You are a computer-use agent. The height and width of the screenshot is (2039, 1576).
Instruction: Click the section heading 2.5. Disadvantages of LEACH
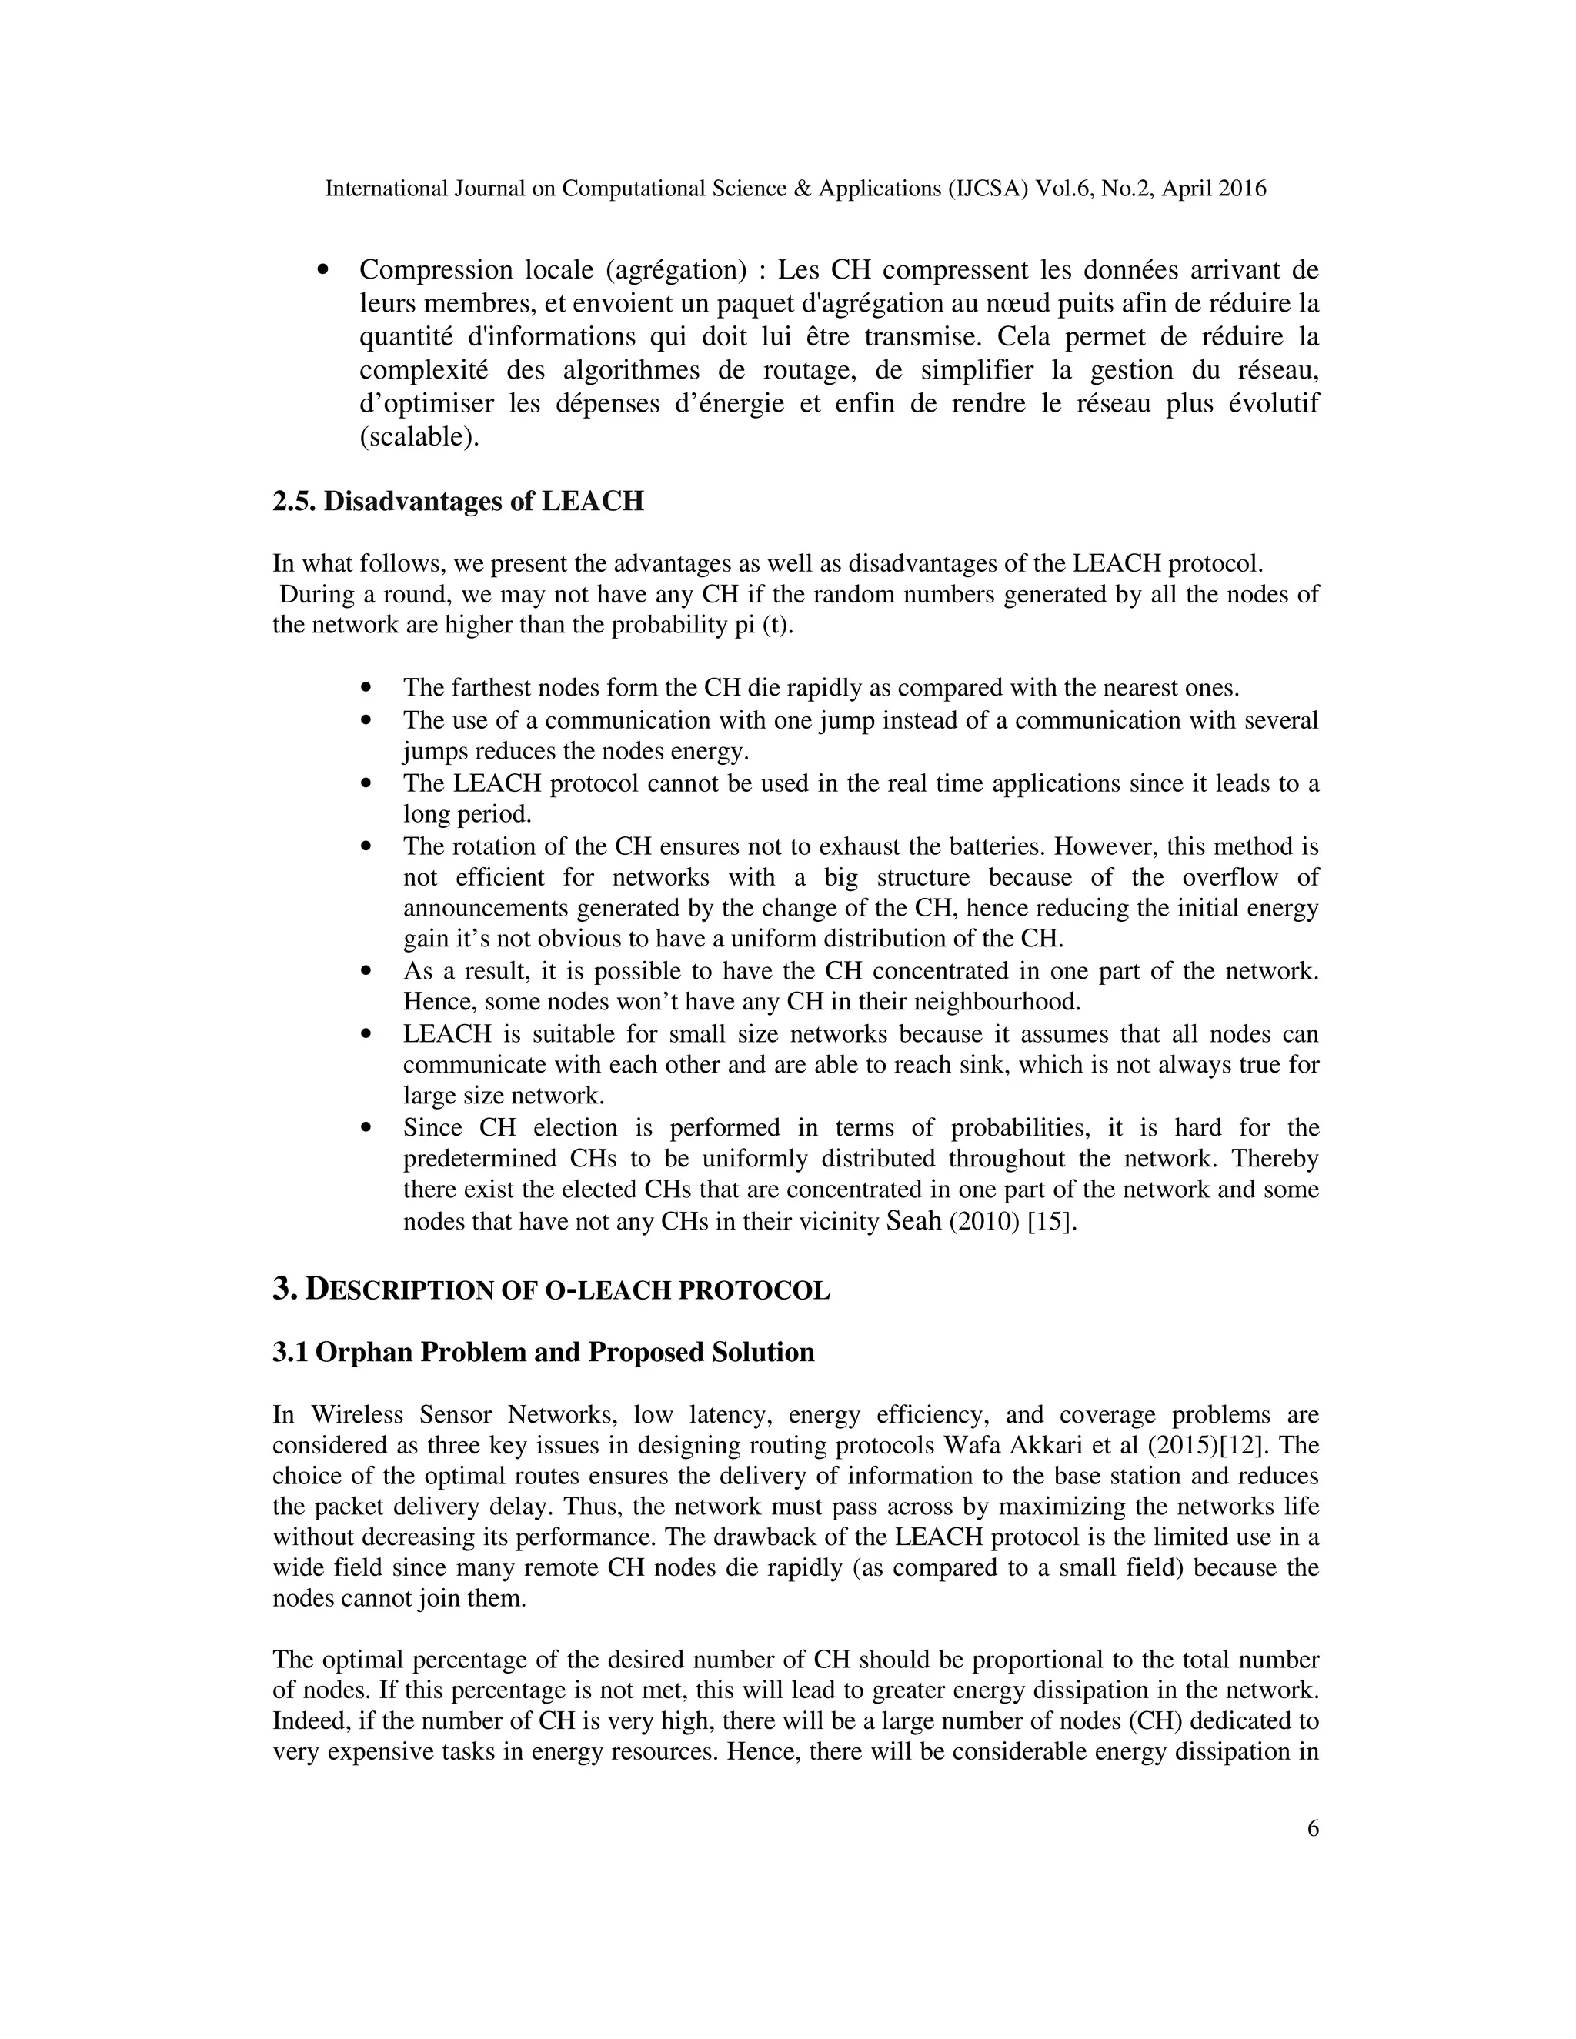pos(458,502)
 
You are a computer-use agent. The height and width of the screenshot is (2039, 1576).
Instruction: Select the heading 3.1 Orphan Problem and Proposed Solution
pos(543,1352)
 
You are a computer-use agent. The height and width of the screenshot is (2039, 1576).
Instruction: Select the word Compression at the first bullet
pos(436,270)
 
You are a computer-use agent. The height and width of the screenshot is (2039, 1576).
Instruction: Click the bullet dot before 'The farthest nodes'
pos(366,688)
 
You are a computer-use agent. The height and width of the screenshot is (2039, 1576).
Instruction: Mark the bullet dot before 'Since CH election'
pos(366,1128)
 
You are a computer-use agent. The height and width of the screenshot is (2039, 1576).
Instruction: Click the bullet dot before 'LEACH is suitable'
pos(366,1034)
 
